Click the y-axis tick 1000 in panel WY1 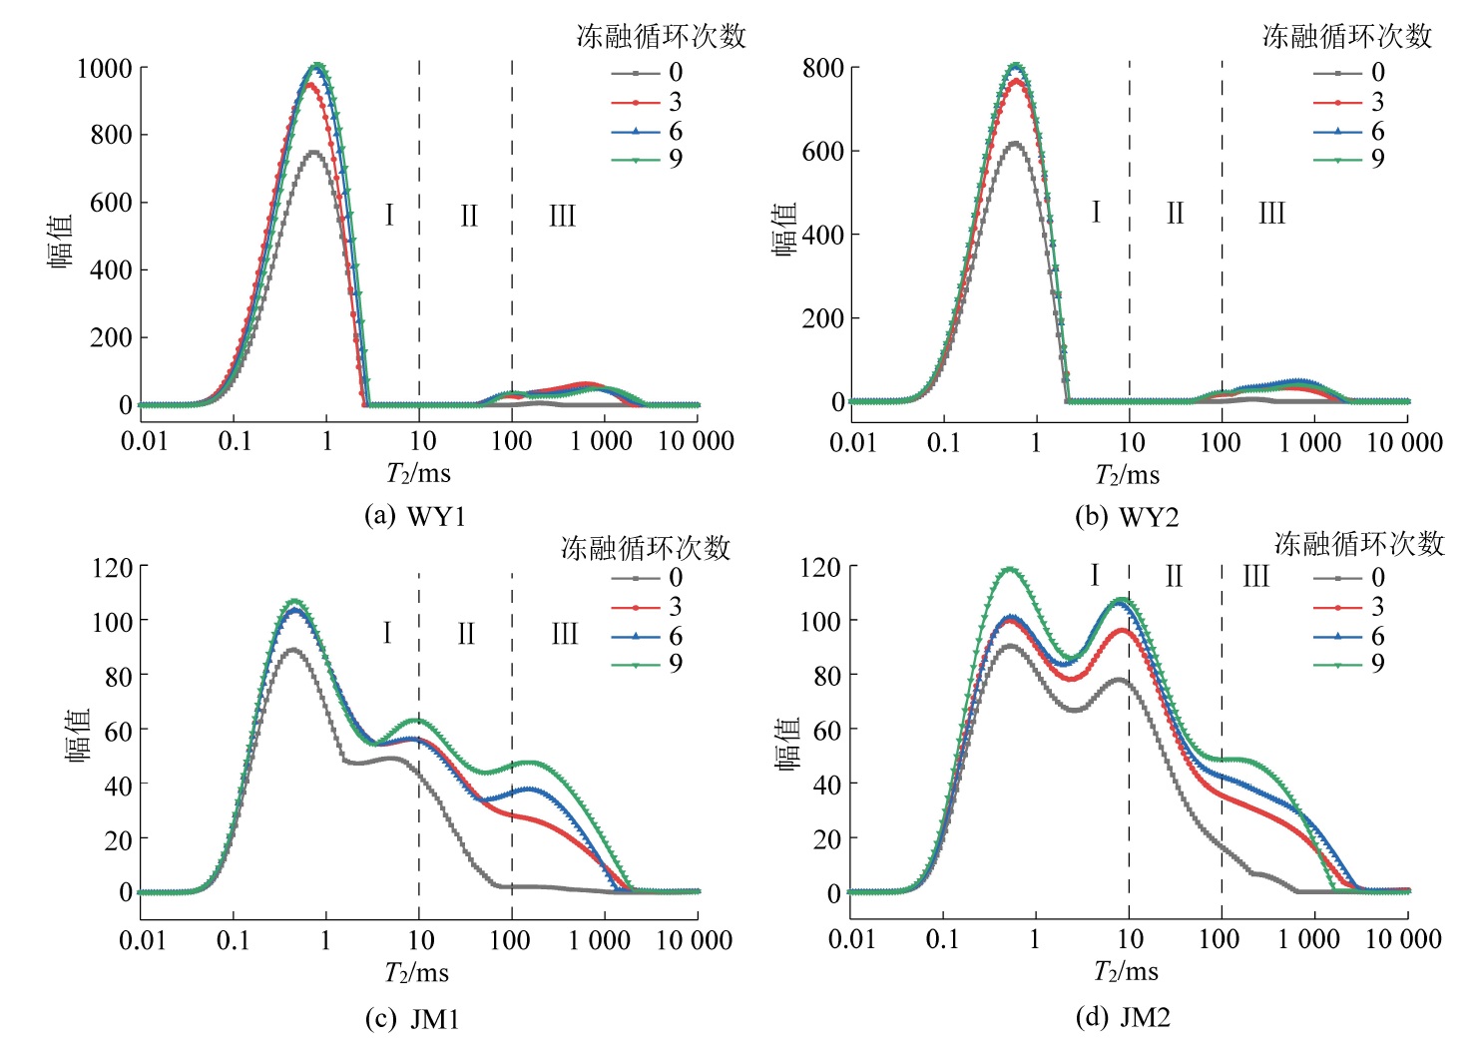(104, 69)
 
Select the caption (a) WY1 (415, 516)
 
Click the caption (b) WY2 (1127, 517)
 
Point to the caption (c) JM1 (412, 1018)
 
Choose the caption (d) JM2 (1122, 1017)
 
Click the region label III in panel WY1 (562, 216)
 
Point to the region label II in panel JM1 (466, 634)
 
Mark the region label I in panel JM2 (1095, 576)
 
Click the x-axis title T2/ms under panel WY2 (1127, 474)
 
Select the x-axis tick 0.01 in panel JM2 (851, 939)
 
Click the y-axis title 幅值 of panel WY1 (61, 241)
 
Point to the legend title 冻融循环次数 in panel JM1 (645, 548)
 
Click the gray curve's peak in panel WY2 (1015, 143)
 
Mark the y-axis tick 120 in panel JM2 (819, 567)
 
